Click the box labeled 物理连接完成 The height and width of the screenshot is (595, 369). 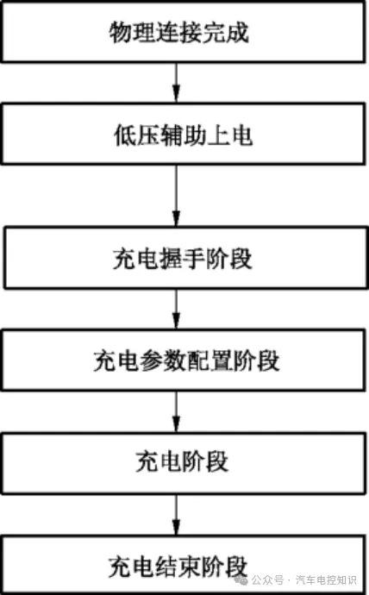(184, 31)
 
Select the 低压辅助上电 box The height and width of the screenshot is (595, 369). (184, 134)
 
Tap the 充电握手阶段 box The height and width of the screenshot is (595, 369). (186, 258)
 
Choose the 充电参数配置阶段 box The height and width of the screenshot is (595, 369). (184, 360)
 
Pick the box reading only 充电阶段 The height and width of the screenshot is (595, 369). (184, 463)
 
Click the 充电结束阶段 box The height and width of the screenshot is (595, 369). (184, 565)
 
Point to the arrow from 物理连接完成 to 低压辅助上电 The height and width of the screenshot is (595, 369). (176, 82)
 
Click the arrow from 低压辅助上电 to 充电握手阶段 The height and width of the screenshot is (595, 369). (176, 196)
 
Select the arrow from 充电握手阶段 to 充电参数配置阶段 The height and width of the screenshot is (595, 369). (176, 309)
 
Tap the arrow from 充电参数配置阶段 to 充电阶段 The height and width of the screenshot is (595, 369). (176, 411)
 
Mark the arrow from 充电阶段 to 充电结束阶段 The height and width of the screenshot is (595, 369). (176, 515)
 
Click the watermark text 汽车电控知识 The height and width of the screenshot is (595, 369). (326, 580)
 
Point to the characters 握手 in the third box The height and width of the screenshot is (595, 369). (183, 259)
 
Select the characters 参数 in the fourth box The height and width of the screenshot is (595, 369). (163, 360)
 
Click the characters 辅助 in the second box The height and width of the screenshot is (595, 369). (183, 135)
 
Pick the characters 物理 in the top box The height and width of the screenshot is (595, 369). (133, 32)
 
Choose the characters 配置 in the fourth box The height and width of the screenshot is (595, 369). (210, 360)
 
